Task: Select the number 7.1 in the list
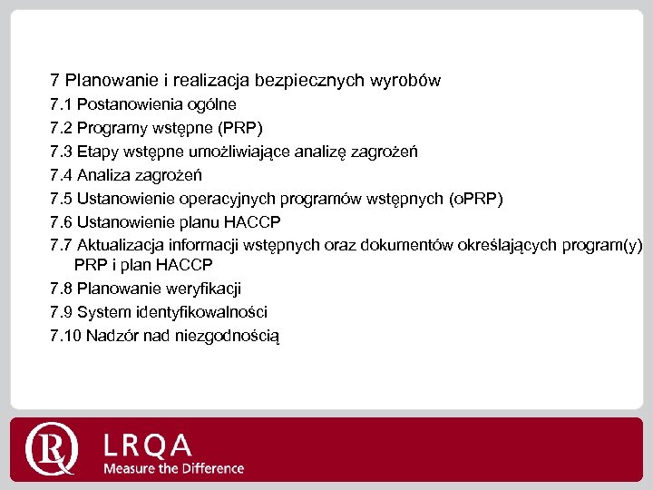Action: point(62,104)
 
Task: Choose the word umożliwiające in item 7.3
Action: point(244,152)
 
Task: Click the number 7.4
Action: point(62,175)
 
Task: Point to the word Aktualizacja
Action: point(122,245)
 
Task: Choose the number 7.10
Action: point(65,336)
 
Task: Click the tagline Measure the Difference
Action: point(173,468)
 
